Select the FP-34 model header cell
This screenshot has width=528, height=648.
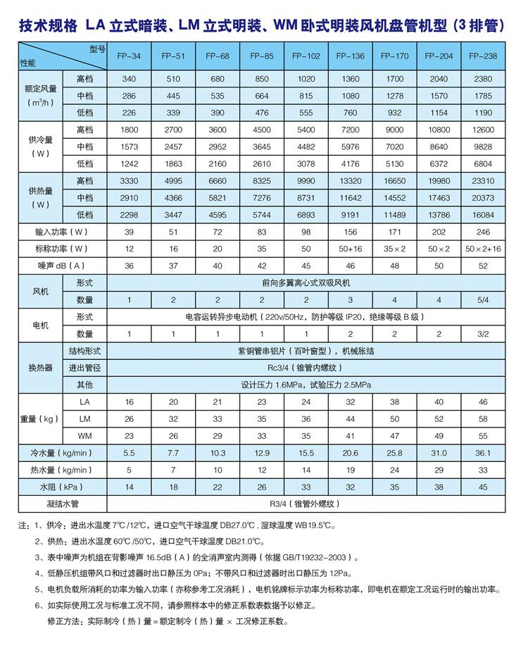point(131,56)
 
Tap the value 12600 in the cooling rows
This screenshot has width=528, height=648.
point(482,130)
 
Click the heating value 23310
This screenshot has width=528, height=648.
point(482,180)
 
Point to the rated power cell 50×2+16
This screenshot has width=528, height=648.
point(482,249)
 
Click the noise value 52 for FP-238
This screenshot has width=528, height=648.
point(482,266)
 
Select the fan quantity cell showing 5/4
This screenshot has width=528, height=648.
point(482,300)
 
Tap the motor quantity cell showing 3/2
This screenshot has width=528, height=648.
point(482,334)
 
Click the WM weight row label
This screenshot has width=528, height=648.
point(84,435)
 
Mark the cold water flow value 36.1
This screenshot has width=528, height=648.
point(482,453)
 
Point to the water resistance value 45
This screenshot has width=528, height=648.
point(482,487)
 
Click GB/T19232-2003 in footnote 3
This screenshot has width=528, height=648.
point(320,556)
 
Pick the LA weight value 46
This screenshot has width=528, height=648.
point(482,401)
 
